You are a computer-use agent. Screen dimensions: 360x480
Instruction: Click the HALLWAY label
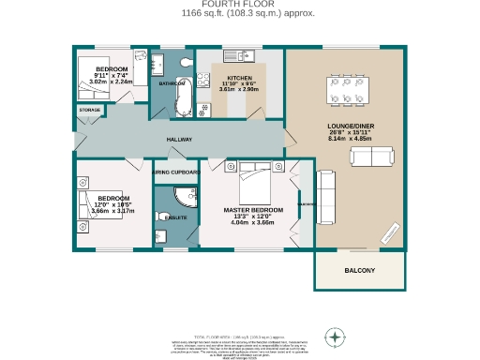tap(179, 140)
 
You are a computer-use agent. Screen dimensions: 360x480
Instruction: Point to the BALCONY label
tap(360, 271)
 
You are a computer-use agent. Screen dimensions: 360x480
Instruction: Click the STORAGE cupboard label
tap(90, 111)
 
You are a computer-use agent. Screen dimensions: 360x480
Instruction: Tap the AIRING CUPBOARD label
tap(175, 172)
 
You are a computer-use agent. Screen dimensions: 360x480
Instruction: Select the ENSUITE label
tap(174, 217)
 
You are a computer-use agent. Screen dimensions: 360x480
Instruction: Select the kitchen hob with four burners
tap(203, 110)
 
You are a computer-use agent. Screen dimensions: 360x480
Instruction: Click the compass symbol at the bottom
tap(334, 337)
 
